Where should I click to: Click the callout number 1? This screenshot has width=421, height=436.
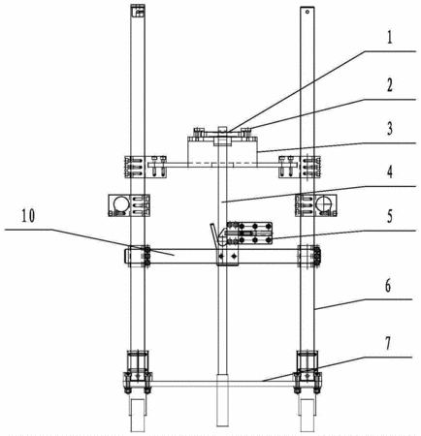click(390, 38)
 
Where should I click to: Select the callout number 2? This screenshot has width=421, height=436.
click(390, 85)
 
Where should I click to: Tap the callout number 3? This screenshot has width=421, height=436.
click(390, 129)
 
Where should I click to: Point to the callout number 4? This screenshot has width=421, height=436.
click(390, 171)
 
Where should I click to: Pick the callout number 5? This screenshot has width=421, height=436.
click(390, 216)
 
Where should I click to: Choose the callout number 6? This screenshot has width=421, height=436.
click(388, 286)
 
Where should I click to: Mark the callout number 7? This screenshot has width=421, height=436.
click(388, 343)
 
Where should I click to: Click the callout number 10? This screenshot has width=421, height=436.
click(28, 216)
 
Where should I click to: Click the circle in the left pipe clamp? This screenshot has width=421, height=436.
click(120, 204)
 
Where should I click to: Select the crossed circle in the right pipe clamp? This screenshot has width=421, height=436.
click(324, 204)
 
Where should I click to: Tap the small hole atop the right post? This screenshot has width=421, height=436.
click(308, 12)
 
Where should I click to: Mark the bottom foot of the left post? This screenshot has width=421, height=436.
click(138, 416)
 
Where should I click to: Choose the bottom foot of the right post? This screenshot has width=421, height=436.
click(308, 416)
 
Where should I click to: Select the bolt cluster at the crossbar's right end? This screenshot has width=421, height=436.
click(317, 256)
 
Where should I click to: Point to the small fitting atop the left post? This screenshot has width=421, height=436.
click(138, 11)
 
